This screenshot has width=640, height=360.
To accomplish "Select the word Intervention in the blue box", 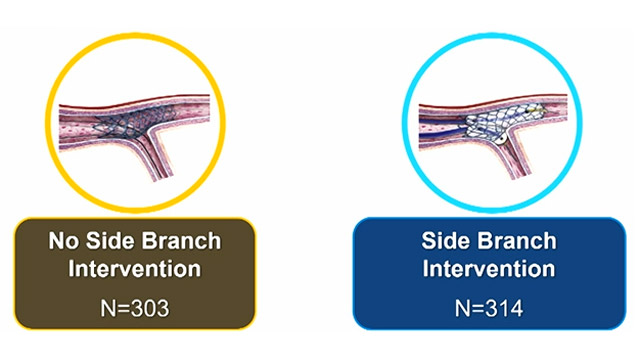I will coord(488,269).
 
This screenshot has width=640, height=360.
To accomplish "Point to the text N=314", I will coord(488,302).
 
